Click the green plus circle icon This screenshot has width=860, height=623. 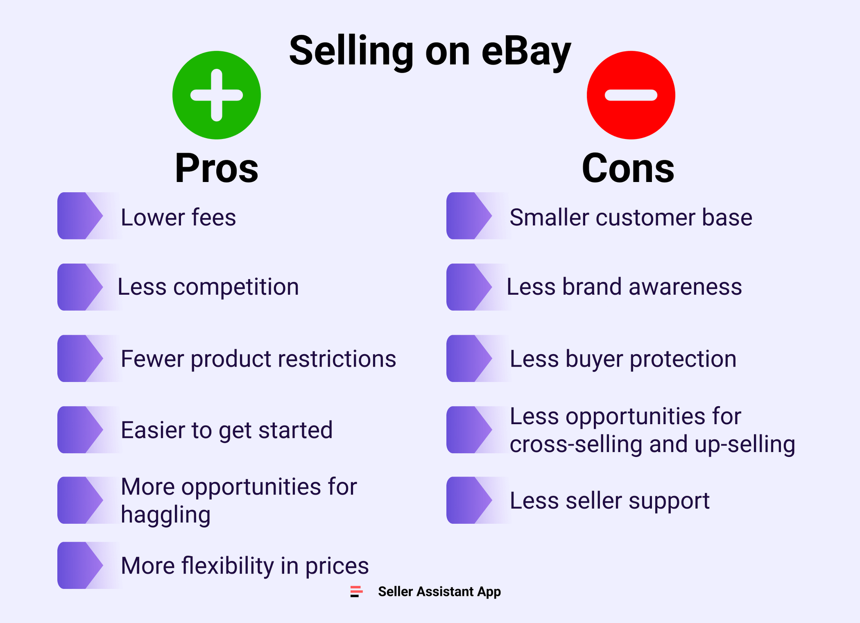coord(216,95)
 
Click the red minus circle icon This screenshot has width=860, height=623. coord(631,95)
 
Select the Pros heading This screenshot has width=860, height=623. coord(216,168)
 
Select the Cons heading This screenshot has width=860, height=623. coord(628,168)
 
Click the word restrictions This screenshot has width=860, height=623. coord(337,359)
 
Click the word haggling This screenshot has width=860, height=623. coord(166,515)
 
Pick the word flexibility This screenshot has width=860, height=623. coord(227,566)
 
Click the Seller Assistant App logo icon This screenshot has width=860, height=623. coord(356,592)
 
